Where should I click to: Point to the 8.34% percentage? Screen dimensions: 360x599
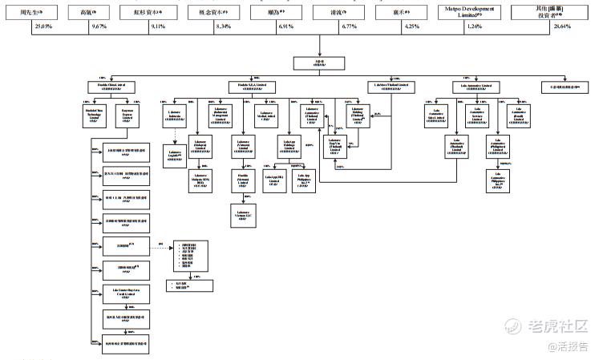pos(225,27)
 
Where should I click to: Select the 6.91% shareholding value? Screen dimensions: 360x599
pos(287,27)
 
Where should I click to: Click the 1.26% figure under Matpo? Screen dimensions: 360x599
pos(475,27)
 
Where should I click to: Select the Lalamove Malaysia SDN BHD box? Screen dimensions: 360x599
pos(200,179)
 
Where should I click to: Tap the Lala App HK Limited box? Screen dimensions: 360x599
pos(276,179)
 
